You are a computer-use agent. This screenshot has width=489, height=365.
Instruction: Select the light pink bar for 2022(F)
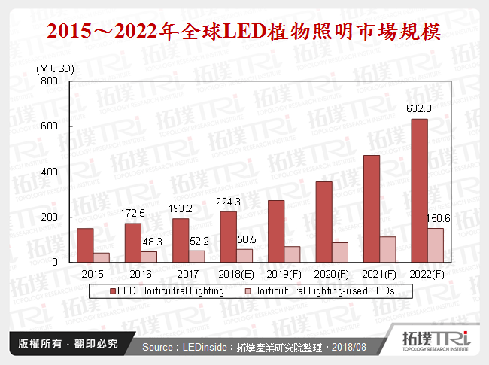click(x=436, y=245)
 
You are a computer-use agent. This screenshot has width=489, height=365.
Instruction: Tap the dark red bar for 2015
click(x=85, y=245)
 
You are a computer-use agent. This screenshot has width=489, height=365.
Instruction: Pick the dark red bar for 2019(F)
click(x=276, y=231)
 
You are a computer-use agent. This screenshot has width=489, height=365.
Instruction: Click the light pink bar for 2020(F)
click(x=340, y=252)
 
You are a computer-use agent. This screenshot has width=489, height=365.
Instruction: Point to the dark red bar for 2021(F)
click(x=372, y=208)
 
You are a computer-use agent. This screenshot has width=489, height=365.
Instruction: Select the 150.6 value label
click(x=436, y=220)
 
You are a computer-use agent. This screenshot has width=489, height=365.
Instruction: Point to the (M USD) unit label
click(x=54, y=68)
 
